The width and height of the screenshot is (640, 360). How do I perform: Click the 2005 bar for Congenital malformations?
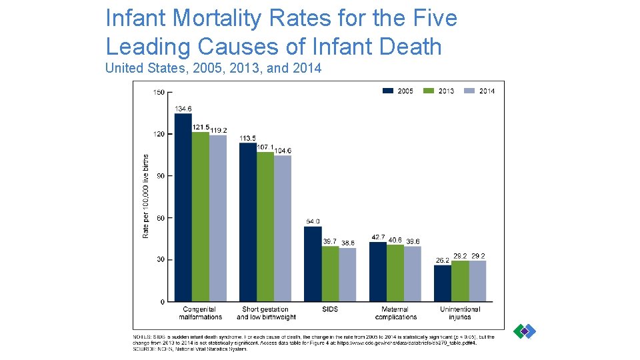[183, 207]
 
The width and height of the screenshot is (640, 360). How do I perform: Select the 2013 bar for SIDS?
[330, 274]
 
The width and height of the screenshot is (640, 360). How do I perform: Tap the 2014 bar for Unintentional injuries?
[477, 281]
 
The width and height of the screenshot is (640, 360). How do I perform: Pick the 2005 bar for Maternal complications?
[378, 272]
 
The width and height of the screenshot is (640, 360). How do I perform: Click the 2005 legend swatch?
[388, 91]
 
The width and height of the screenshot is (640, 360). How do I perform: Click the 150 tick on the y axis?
[159, 93]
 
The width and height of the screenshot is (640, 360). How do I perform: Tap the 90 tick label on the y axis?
[159, 176]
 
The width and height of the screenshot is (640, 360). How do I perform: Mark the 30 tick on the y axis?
[159, 260]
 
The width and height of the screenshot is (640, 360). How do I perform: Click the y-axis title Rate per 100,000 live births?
[146, 196]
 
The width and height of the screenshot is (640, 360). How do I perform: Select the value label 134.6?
[183, 109]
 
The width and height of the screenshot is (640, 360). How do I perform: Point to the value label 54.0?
[313, 221]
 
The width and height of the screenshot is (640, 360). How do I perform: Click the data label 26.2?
[443, 260]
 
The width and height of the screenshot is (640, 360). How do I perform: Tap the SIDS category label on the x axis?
[330, 309]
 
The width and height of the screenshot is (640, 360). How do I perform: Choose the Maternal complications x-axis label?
[395, 313]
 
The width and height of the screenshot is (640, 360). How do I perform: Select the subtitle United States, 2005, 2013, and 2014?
[213, 68]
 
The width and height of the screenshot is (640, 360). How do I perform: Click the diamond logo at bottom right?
[525, 331]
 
